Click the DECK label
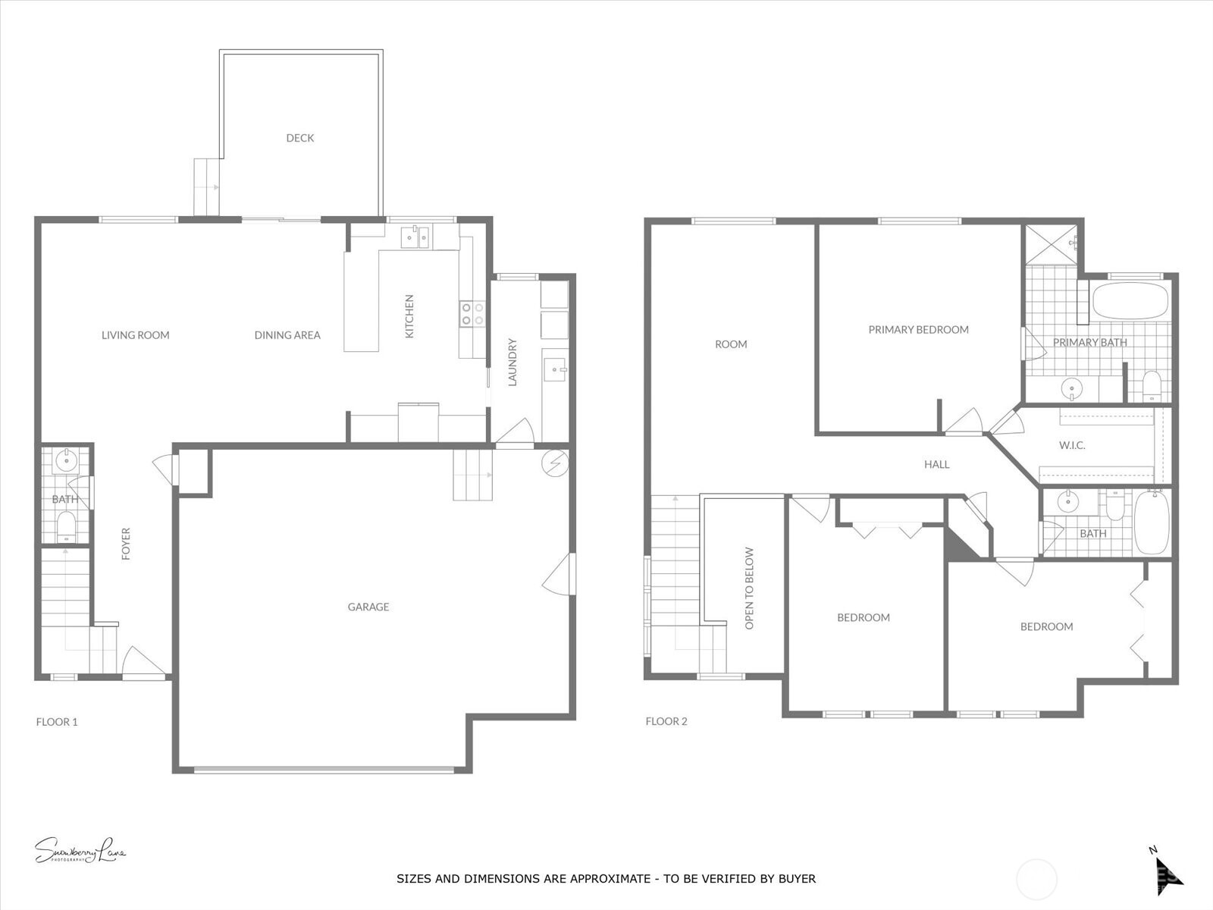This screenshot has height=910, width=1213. pyautogui.click(x=299, y=138)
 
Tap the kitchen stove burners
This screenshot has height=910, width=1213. pyautogui.click(x=472, y=314)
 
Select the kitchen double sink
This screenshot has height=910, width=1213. pyautogui.click(x=415, y=238)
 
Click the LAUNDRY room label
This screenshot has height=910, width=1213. pyautogui.click(x=512, y=362)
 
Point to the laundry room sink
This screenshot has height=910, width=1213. pyautogui.click(x=555, y=371)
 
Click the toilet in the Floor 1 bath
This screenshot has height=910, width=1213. pyautogui.click(x=67, y=525)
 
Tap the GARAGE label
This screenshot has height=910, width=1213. pyautogui.click(x=368, y=607)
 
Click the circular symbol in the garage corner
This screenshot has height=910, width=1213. pyautogui.click(x=555, y=462)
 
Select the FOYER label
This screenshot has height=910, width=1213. pyautogui.click(x=127, y=544)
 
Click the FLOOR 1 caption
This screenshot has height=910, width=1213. pyautogui.click(x=57, y=722)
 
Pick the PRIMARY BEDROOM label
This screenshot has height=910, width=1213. pyautogui.click(x=918, y=330)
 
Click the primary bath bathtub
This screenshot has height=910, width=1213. pyautogui.click(x=1130, y=302)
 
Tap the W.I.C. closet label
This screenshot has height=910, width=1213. pyautogui.click(x=1072, y=445)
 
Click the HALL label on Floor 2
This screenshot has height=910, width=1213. pyautogui.click(x=937, y=464)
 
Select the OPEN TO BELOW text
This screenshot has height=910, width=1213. pyautogui.click(x=750, y=588)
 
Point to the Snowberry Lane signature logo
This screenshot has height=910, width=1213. pyautogui.click(x=80, y=851)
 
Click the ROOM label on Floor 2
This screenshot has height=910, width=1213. pyautogui.click(x=731, y=344)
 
